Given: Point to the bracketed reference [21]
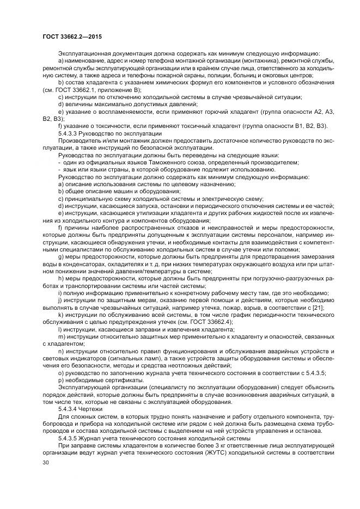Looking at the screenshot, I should pos(317,308).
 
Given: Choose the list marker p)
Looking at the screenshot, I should pos(60,380).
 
